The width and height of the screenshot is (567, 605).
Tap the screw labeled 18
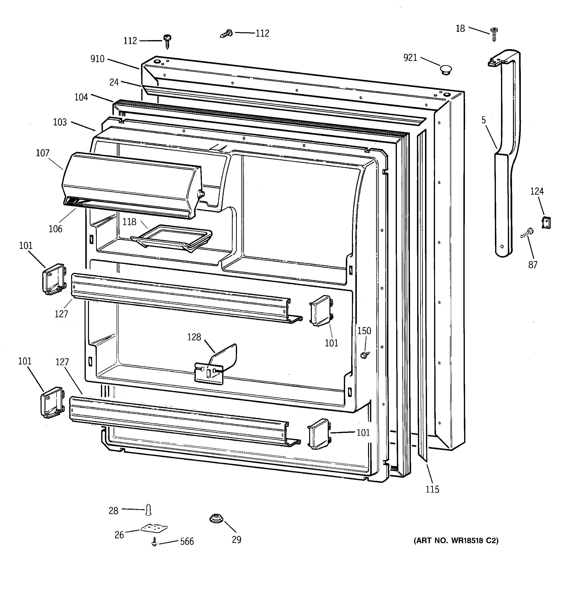(x=494, y=34)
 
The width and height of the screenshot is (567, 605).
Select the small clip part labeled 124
(x=546, y=222)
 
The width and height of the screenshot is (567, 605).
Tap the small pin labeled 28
(x=148, y=510)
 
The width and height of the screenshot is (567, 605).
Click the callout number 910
(x=97, y=59)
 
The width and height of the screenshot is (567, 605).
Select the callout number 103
(x=60, y=122)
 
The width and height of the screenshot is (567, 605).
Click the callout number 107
(x=43, y=153)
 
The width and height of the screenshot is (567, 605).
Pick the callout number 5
(x=484, y=120)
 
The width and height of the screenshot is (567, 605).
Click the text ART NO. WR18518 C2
(x=456, y=540)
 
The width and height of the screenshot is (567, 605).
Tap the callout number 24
(x=114, y=82)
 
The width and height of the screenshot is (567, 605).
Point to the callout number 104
(x=81, y=97)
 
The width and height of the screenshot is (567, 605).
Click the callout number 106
(x=55, y=229)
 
